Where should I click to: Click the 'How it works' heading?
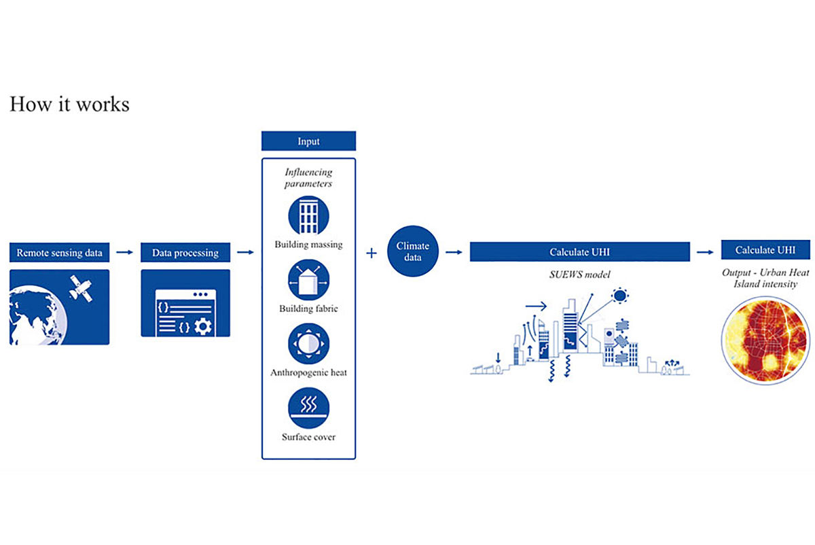coord(69,105)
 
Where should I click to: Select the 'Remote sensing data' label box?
coord(60,252)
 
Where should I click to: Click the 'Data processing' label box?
coord(185,252)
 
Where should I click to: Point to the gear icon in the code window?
coord(202,326)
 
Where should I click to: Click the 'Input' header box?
coord(308,141)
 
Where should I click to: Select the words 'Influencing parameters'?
coord(308,178)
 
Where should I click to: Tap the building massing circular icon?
coord(308,215)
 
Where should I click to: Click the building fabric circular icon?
coord(308,280)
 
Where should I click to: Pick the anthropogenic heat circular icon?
coord(308,344)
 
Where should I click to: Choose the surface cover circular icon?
coord(308,407)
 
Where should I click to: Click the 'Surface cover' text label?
coord(308,437)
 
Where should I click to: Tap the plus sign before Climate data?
coord(372,253)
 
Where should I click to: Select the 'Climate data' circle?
coord(413,252)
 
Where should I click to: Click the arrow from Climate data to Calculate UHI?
coord(453,252)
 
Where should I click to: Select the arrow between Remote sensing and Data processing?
coord(124,252)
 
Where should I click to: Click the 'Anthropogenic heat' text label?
coord(308,373)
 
